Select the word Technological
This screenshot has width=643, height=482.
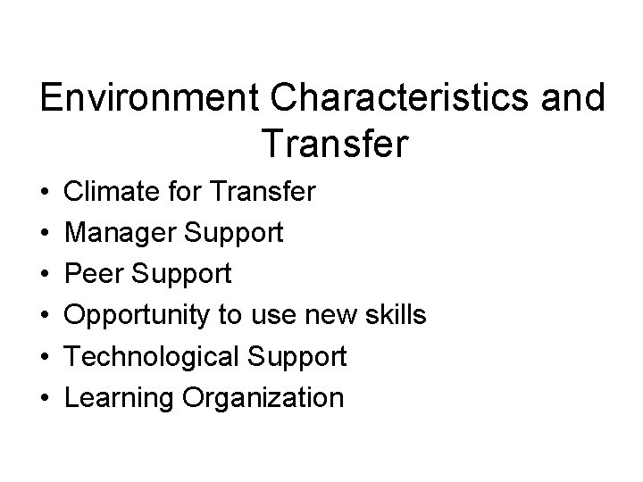coord(154,358)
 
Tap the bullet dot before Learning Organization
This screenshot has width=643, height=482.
coord(45,398)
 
